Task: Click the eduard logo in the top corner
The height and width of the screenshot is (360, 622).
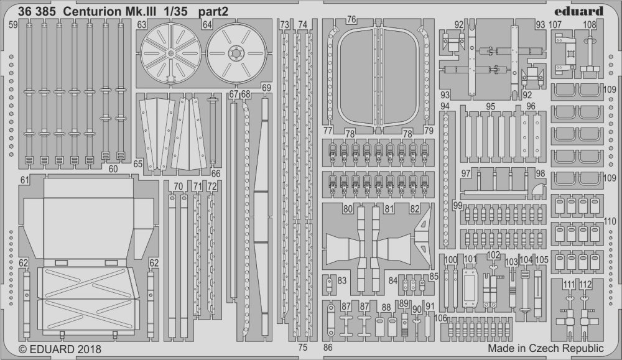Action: [582, 11]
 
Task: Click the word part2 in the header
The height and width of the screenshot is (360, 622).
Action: [213, 11]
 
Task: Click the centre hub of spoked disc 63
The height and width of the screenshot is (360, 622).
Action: [170, 53]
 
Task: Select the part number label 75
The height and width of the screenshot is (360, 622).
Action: [303, 348]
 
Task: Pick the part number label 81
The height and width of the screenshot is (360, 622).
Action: [389, 209]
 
